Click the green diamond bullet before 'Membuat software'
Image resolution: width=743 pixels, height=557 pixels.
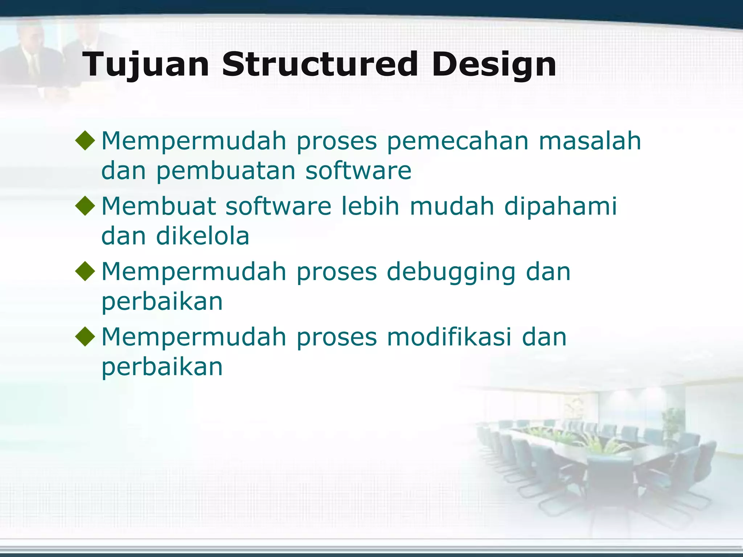[x=85, y=206]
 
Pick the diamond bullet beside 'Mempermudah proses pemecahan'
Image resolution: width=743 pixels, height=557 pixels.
[x=85, y=140]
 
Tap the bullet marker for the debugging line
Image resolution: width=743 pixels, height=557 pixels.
[x=85, y=271]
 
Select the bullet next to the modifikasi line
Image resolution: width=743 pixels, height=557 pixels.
[x=85, y=336]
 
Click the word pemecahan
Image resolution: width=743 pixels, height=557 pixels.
[x=457, y=141]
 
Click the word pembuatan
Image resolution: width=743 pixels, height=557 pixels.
[x=226, y=170]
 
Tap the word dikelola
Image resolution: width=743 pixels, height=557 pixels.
[x=202, y=236]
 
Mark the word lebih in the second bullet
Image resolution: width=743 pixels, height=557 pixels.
[x=370, y=206]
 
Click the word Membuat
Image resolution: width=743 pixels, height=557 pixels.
[x=159, y=206]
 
